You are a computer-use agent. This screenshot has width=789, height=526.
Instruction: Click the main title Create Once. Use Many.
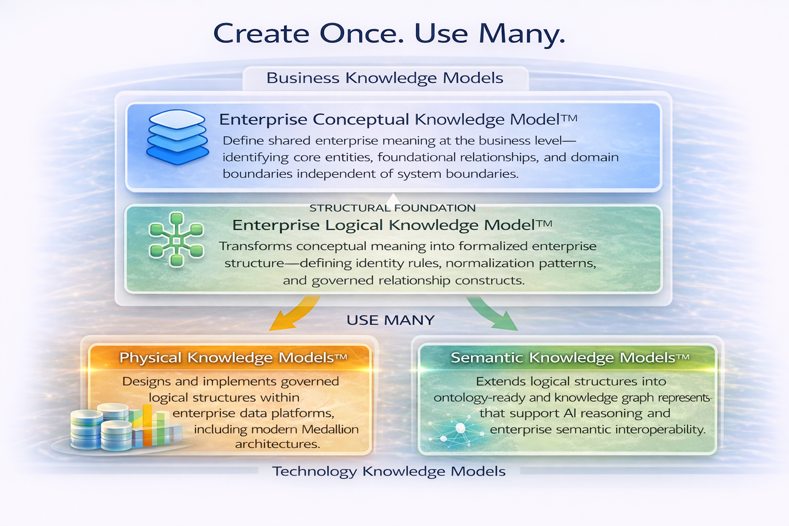point(389,33)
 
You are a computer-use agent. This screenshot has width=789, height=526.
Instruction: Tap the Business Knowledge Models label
point(385,78)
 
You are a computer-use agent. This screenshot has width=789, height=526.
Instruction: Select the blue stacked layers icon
point(177,137)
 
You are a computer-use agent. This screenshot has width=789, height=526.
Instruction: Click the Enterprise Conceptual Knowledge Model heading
point(398,119)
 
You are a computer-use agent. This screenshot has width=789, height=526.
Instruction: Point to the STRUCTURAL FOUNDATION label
point(392,208)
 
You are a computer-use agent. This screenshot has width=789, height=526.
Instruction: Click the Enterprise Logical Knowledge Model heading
point(392,225)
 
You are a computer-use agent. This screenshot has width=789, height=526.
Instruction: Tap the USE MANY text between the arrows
point(390,320)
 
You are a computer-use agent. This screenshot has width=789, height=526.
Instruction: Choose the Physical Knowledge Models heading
point(233,358)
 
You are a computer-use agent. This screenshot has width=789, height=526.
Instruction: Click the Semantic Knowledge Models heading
point(570,358)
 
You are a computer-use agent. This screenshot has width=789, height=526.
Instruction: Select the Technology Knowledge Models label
point(389,472)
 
